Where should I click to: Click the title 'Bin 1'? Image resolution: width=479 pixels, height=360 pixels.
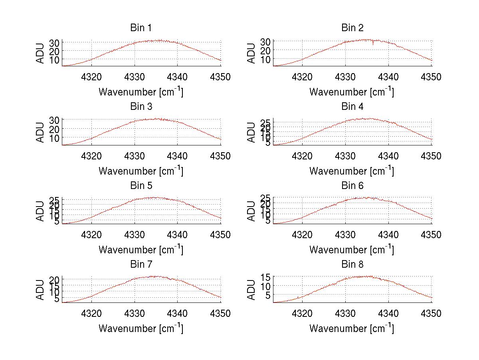pos(141,28)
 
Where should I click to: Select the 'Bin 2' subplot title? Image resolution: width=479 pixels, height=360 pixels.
pos(352,28)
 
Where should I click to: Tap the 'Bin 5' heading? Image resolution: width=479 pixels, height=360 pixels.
pos(141,186)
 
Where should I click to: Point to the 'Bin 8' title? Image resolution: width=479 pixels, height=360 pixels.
pos(352,265)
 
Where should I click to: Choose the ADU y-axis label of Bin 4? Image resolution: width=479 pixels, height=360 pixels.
pos(251,132)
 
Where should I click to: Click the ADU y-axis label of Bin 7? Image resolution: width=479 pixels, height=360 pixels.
pos(40,290)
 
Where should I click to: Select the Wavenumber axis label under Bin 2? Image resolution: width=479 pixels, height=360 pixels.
pos(352,92)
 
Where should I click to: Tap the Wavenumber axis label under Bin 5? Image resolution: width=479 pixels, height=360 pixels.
pos(141,250)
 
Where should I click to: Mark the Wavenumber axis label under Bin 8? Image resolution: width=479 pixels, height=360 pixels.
pos(352,328)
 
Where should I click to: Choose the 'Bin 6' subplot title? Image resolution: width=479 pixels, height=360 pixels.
pos(352,186)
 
